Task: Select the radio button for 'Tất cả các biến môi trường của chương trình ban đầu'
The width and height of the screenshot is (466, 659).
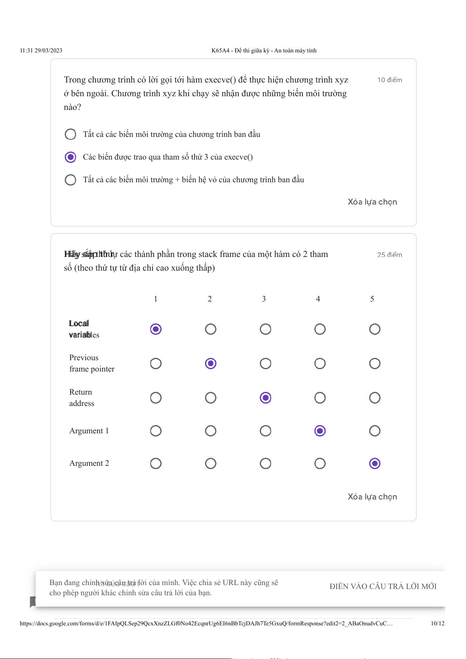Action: (70, 134)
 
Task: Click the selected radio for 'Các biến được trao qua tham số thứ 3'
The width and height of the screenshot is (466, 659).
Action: (70, 157)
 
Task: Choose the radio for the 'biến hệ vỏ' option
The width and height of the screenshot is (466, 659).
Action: (70, 180)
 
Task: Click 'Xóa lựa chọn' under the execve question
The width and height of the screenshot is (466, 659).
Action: (372, 202)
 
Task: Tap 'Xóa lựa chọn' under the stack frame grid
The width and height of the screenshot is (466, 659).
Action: (372, 497)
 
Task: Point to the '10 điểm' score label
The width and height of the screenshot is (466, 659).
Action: (389, 80)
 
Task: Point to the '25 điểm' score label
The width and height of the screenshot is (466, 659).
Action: (389, 255)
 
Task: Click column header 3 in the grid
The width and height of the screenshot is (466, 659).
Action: (264, 299)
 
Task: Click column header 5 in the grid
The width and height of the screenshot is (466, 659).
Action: (372, 299)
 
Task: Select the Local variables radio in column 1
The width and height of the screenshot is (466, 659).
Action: (156, 329)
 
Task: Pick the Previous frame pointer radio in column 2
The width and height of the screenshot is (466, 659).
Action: (211, 364)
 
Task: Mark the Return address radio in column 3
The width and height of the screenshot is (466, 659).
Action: (265, 398)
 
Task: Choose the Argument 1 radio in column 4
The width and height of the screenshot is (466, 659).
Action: (320, 431)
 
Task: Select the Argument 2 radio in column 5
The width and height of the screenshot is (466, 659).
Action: (375, 464)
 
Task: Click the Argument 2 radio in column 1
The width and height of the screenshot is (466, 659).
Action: (156, 464)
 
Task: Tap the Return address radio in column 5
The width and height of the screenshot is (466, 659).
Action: (375, 398)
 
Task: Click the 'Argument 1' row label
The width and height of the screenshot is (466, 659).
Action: (89, 431)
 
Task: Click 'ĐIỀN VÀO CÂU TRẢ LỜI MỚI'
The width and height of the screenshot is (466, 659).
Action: (383, 587)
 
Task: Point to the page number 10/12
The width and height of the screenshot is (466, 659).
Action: (437, 624)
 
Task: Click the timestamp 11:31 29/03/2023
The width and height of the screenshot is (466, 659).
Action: (41, 50)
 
